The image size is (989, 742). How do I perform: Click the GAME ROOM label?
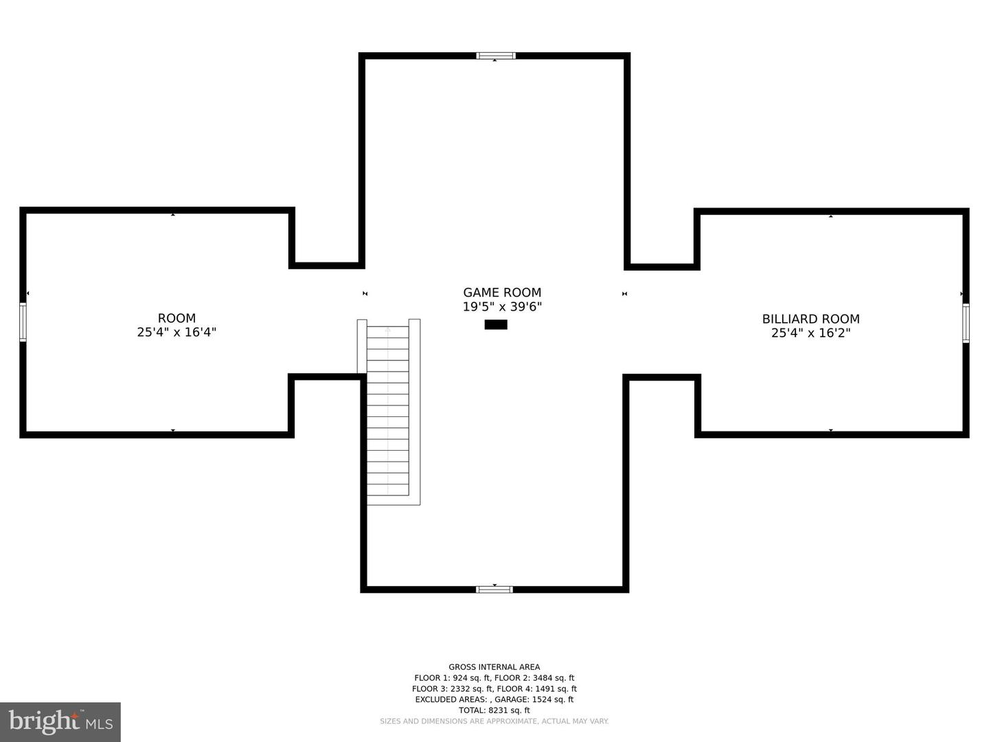[x=502, y=293]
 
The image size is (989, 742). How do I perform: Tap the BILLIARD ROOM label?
[x=810, y=319]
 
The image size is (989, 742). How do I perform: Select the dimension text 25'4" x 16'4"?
[x=177, y=333]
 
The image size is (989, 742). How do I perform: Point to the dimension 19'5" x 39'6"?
[x=502, y=307]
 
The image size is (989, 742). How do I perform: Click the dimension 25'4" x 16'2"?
[x=810, y=333]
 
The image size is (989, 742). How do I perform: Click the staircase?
[x=388, y=412]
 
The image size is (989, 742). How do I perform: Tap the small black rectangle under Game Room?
[x=496, y=324]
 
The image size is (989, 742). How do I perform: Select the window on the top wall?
[x=495, y=56]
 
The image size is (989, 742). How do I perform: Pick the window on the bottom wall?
[x=494, y=589]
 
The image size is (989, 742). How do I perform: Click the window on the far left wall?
[x=23, y=322]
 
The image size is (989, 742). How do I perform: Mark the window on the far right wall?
[x=966, y=323]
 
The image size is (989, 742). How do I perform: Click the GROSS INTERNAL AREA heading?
[x=494, y=667]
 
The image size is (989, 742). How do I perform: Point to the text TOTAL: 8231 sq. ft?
[x=494, y=710]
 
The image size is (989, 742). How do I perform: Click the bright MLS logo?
[x=60, y=722]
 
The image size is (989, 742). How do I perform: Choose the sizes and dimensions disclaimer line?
[x=494, y=721]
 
